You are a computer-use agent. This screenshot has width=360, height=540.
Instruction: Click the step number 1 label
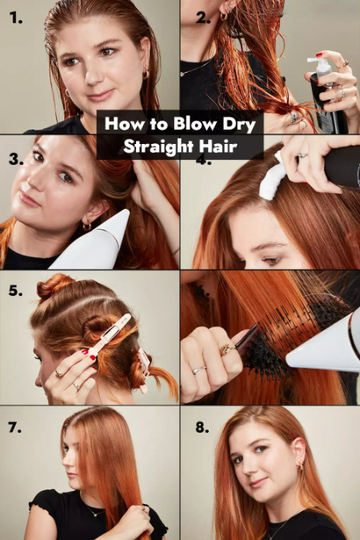15,18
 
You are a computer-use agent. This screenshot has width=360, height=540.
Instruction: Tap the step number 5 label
15,291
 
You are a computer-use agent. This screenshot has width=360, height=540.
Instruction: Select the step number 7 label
15,427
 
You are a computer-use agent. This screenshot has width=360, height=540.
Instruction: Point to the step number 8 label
202,427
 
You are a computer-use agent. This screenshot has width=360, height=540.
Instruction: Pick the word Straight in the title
154,146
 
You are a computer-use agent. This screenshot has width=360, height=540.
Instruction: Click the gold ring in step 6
228,350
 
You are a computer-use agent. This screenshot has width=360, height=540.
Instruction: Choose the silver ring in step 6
200,370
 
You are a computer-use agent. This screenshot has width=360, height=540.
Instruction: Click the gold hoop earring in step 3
87,226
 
